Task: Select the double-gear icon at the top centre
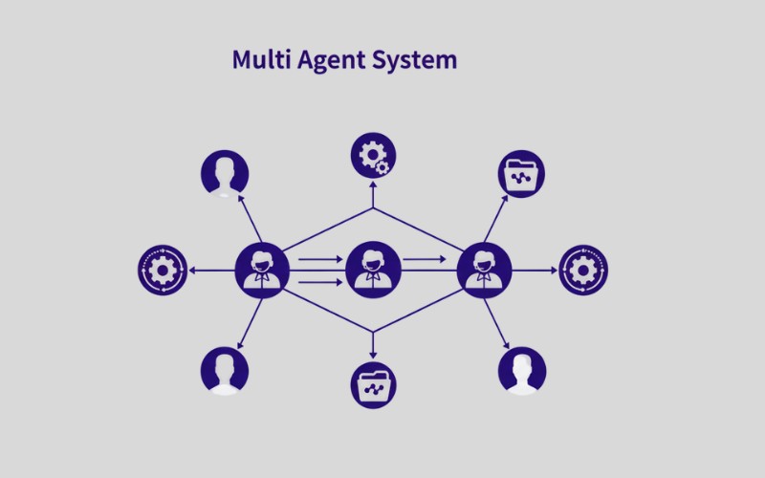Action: coord(373,156)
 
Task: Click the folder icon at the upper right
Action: coord(522,175)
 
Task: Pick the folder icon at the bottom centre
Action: coord(373,385)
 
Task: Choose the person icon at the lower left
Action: coord(225,370)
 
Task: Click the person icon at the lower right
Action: coord(522,370)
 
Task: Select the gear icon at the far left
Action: coord(162,270)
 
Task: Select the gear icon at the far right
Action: coord(583,270)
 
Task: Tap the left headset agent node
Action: coord(261,270)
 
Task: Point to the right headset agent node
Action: coord(485,270)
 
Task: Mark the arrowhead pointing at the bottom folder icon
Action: coord(373,356)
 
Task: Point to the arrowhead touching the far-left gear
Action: coord(192,270)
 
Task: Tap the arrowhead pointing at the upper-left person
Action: coord(239,200)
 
